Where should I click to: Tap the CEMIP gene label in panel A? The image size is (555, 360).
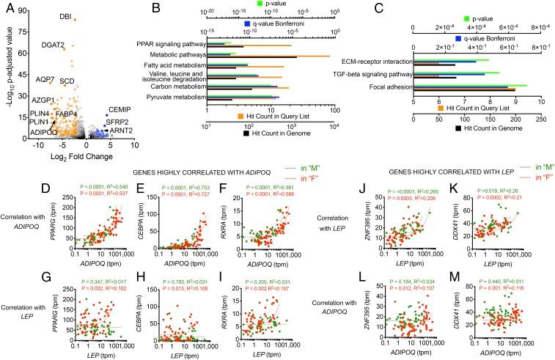point(120,109)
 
